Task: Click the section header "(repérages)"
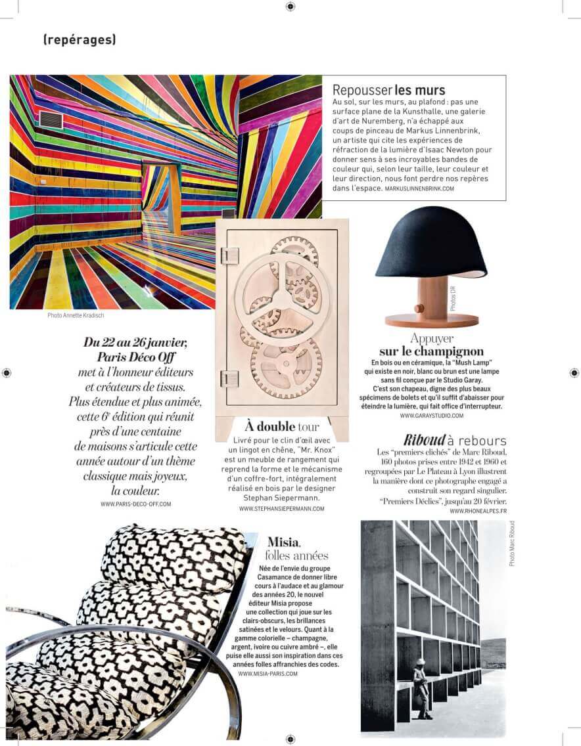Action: click(80, 39)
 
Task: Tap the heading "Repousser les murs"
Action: click(389, 90)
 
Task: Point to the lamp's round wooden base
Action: click(431, 320)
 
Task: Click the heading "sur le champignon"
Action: click(431, 351)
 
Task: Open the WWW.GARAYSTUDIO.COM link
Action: click(431, 416)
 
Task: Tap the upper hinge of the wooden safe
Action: click(229, 255)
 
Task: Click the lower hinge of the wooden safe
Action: click(229, 378)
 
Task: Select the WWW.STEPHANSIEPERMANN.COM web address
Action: click(282, 509)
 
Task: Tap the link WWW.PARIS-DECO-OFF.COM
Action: click(136, 504)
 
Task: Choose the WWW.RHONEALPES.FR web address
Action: click(478, 511)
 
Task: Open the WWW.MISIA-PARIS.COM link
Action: click(268, 674)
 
